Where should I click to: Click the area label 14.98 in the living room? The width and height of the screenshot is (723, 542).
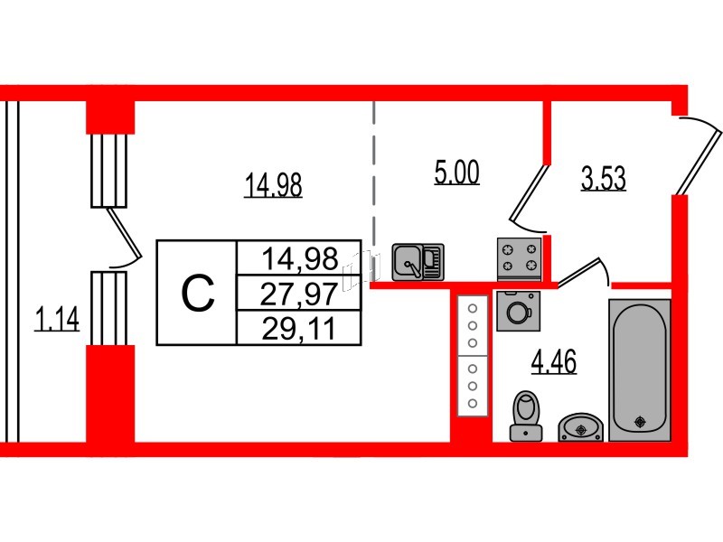click(x=273, y=184)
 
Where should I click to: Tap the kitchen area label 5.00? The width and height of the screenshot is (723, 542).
click(x=456, y=172)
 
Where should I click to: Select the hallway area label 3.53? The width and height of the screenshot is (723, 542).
click(x=603, y=178)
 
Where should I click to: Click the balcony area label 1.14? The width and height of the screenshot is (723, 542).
click(x=57, y=319)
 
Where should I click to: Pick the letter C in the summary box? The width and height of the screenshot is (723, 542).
click(x=197, y=293)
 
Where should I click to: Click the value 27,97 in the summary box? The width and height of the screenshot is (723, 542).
click(x=299, y=294)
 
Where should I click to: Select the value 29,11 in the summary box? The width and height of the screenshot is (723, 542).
click(x=299, y=329)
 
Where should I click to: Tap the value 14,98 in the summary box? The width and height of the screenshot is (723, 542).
click(x=300, y=258)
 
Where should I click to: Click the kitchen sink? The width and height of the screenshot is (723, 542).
click(x=418, y=262)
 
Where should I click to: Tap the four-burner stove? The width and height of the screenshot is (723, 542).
click(x=519, y=258)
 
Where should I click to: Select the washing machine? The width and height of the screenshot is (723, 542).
click(x=518, y=311)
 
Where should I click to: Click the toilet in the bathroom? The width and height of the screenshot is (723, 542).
click(x=526, y=416)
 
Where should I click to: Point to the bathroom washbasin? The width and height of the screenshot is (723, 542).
click(x=580, y=427)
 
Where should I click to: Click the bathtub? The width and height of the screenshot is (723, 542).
click(x=640, y=370)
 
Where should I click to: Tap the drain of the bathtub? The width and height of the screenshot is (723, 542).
click(x=640, y=421)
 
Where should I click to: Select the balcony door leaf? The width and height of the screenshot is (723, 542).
click(x=124, y=233)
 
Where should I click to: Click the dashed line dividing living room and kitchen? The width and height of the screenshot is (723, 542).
click(x=374, y=175)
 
